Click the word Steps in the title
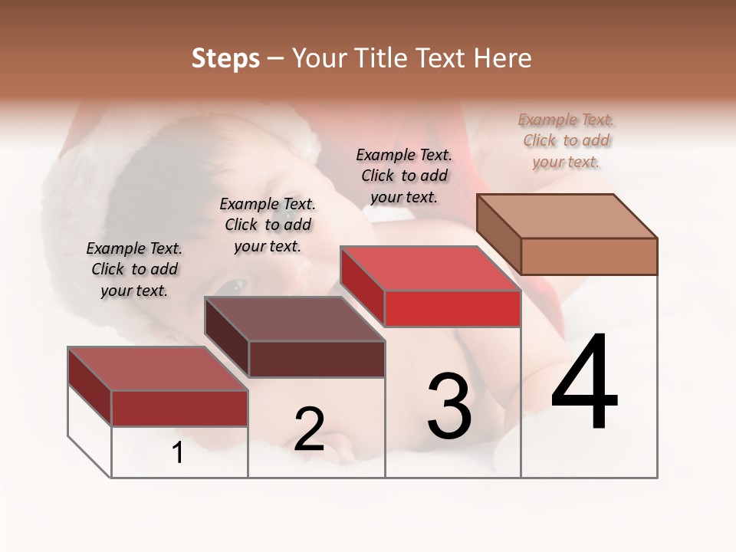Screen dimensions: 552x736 [x=225, y=58]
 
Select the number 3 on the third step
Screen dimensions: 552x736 [x=449, y=406]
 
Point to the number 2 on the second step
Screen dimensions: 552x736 [x=309, y=429]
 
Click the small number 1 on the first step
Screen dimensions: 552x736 [x=178, y=453]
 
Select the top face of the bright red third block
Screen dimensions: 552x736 [x=430, y=268]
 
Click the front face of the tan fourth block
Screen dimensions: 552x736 [x=589, y=256]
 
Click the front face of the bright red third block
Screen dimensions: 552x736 [x=452, y=308]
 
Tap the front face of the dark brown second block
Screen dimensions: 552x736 [x=317, y=359]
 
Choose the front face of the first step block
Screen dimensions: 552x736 [x=179, y=408]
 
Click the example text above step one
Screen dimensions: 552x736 [x=134, y=269]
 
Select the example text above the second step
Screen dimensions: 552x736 [x=268, y=225]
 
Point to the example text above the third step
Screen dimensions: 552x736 [x=404, y=176]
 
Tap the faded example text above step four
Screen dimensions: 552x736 [x=566, y=140]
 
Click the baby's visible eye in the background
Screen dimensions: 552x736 [x=234, y=286]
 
